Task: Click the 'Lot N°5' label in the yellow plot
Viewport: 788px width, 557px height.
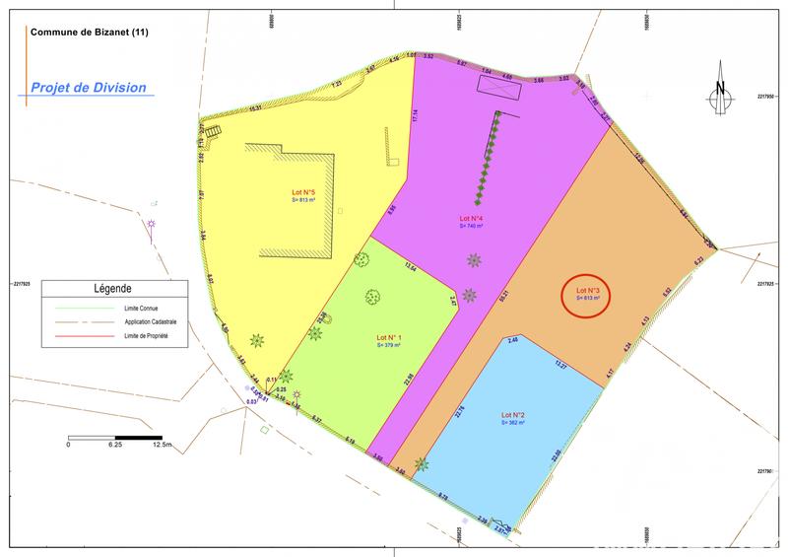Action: point(302,192)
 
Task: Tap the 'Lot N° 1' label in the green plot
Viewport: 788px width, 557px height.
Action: point(388,339)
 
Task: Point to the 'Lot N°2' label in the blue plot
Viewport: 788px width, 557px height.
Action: point(513,414)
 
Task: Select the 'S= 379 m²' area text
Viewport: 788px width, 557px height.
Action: point(388,347)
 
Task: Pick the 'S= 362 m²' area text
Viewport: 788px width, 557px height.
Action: point(513,423)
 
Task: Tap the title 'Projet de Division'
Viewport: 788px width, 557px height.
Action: point(89,88)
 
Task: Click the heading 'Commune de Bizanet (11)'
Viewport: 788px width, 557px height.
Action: point(90,33)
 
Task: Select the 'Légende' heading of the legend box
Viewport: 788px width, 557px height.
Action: point(112,289)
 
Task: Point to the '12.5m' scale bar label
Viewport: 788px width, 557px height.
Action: point(162,446)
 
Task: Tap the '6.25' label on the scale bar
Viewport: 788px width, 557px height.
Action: point(114,446)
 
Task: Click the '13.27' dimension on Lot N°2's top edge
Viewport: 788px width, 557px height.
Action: point(561,366)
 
